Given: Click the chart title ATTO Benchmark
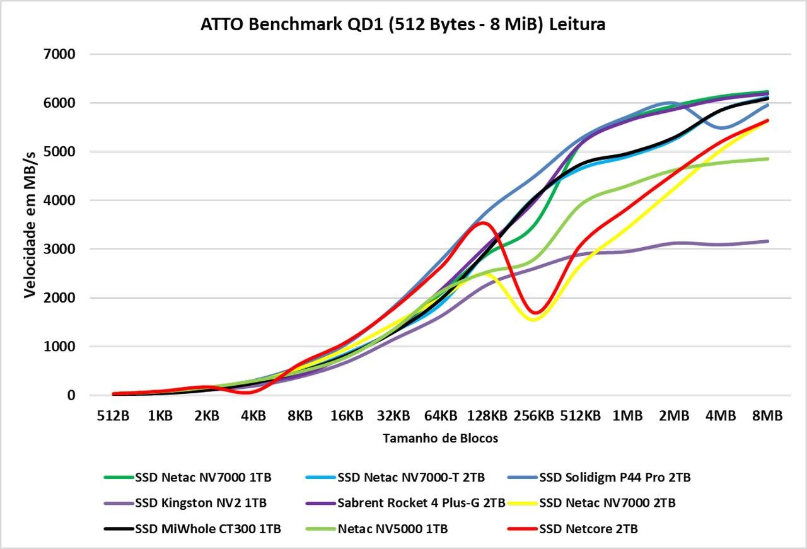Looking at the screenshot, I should (x=403, y=25).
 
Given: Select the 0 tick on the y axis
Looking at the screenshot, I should (x=71, y=395).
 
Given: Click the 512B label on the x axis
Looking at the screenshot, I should (x=113, y=416).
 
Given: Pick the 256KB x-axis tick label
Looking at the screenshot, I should (x=534, y=416).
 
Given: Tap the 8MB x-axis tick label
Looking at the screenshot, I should (x=767, y=416).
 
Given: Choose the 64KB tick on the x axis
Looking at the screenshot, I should (x=440, y=416).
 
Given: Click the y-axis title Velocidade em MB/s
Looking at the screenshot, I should (x=30, y=224).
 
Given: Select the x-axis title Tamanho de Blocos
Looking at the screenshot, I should (x=440, y=438).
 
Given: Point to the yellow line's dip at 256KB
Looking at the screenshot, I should (x=534, y=319).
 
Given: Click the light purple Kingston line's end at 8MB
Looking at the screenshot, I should (x=767, y=241).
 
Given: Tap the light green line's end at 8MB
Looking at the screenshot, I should (x=767, y=159).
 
